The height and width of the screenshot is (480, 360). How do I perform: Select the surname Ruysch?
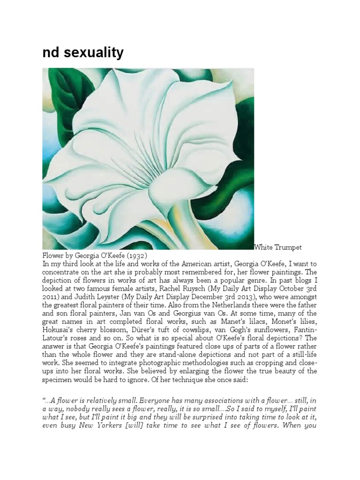[x=180, y=289]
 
